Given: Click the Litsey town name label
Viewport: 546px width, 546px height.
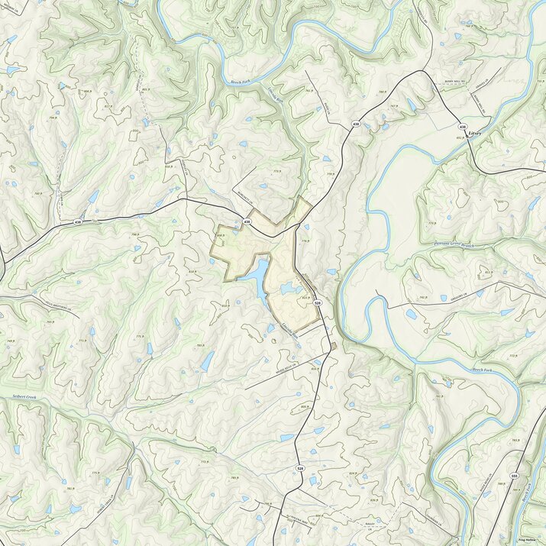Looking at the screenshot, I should (x=478, y=131).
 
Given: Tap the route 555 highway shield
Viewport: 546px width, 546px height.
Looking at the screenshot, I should (x=515, y=476).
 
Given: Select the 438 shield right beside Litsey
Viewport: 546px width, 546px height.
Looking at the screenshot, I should (x=462, y=126).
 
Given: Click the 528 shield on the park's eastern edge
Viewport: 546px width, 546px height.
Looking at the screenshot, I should (x=316, y=303).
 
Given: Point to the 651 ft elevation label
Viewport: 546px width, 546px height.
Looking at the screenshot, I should (x=459, y=137).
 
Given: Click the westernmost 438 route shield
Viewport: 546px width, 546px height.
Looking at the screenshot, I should (x=78, y=221).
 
